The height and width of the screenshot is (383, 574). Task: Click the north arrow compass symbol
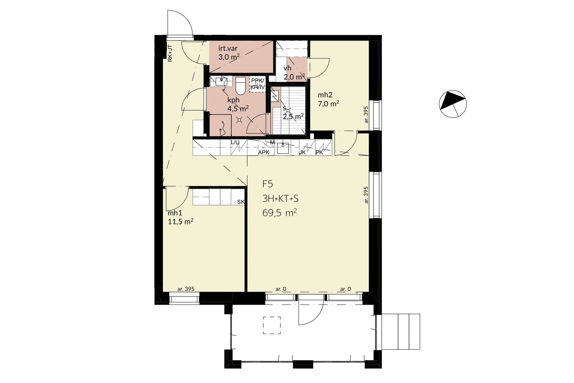(x=453, y=104)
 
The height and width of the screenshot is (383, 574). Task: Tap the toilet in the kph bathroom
(x=241, y=86)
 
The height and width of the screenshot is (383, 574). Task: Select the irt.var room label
(x=228, y=48)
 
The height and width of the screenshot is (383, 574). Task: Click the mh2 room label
(x=325, y=95)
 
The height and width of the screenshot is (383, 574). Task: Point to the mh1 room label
(x=175, y=213)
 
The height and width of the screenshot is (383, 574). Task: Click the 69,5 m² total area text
(x=279, y=213)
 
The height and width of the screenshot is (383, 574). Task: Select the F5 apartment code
(x=268, y=184)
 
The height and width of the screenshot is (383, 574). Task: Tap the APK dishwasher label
(x=264, y=152)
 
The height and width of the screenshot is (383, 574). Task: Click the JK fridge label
(x=302, y=152)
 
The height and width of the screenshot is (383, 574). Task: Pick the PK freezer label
(x=319, y=152)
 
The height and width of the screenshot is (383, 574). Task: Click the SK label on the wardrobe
(x=241, y=202)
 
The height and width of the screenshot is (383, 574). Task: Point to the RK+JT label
(x=170, y=53)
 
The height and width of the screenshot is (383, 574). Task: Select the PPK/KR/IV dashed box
(x=258, y=84)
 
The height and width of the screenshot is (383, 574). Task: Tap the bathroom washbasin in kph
(x=221, y=81)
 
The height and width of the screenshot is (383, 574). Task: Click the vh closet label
(x=287, y=68)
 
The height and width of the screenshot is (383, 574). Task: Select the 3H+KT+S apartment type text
(x=280, y=198)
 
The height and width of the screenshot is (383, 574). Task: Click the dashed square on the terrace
(x=272, y=325)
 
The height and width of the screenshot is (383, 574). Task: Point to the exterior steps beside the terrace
(x=401, y=331)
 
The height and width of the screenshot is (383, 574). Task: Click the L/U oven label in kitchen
(x=235, y=143)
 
